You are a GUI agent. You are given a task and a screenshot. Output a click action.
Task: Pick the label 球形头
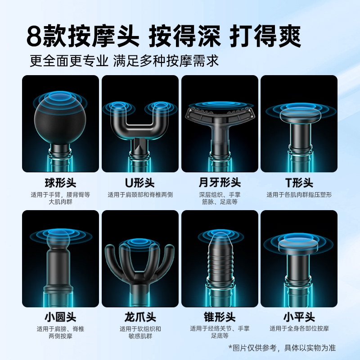tap(60, 183)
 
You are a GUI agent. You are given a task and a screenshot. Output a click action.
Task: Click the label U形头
tap(140, 183)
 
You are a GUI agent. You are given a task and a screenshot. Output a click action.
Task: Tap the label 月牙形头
tap(220, 183)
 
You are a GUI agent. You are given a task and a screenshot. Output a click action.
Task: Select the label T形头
tap(299, 183)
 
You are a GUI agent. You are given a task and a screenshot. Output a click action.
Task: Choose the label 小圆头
tap(60, 317)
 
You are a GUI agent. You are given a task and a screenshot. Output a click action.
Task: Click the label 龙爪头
tap(140, 317)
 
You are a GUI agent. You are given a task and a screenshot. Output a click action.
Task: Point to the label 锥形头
tap(220, 317)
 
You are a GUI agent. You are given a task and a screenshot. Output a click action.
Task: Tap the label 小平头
tap(299, 317)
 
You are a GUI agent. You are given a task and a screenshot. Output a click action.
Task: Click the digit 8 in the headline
tap(35, 36)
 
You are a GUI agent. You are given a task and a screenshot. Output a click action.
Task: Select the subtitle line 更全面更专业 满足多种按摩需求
tap(124, 61)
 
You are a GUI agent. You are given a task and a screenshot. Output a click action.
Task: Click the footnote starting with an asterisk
tap(282, 347)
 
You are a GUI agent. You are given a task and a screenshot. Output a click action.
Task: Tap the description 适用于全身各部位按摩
tap(299, 328)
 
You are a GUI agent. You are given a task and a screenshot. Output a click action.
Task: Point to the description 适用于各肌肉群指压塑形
tap(299, 195)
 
